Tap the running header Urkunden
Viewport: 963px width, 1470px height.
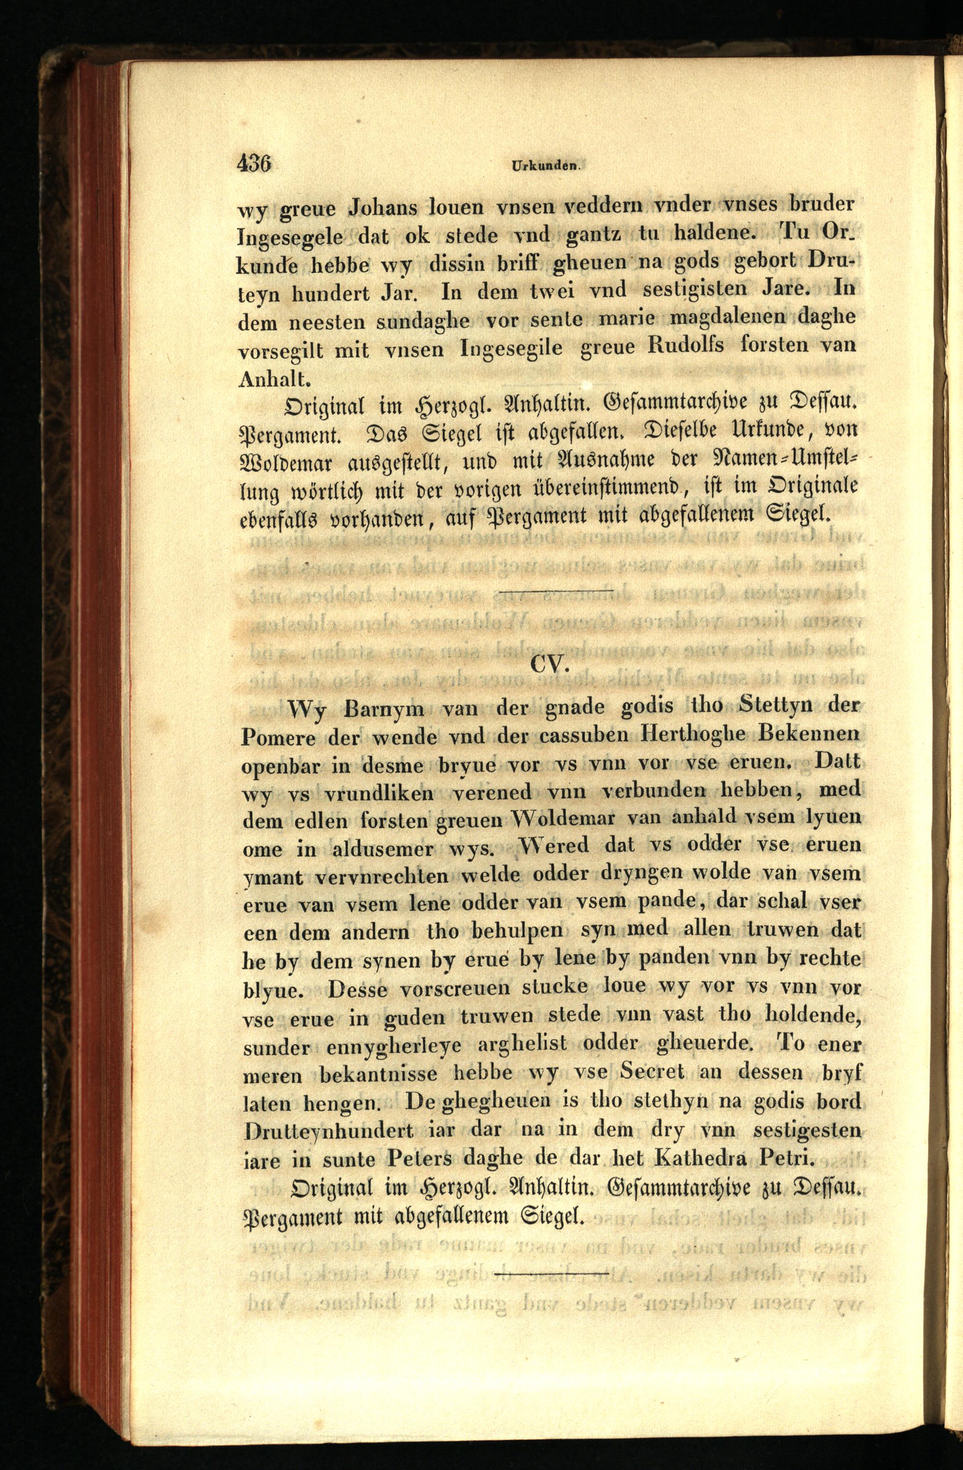[544, 166]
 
